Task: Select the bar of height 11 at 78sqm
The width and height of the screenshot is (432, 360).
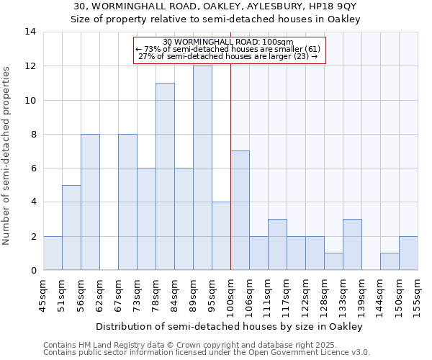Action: pos(165,177)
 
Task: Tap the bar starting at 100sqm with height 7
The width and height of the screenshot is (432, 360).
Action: pos(240,211)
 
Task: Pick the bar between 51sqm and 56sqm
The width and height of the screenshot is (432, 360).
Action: pos(71,228)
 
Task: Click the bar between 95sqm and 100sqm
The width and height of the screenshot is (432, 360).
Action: pos(221,236)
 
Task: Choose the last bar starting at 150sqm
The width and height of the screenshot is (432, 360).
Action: pos(408,253)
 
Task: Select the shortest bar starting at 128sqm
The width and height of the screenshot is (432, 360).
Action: pos(333,262)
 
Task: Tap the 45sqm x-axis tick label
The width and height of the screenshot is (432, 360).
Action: pos(44,295)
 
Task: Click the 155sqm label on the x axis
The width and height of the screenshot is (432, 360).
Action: pos(418,295)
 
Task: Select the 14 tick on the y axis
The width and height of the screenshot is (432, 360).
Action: pos(30,32)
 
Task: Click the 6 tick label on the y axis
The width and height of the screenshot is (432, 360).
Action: pos(33,168)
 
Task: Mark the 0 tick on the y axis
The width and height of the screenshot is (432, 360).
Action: pos(33,271)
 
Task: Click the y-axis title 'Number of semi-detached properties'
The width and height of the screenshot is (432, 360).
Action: pos(8,156)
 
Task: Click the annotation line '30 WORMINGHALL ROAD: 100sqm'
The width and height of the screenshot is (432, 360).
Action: pos(228,42)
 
